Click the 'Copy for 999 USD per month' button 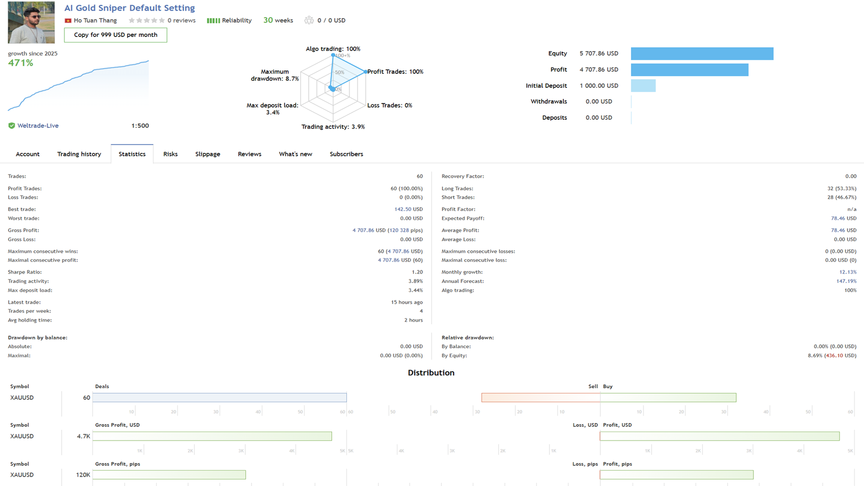(116, 35)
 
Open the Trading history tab (79, 154)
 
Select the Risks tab (171, 154)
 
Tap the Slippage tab (207, 154)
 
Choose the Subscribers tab (346, 154)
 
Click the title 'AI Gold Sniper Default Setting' (130, 8)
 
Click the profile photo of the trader (31, 22)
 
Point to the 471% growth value (21, 63)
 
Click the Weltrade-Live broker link (38, 126)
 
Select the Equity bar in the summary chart (702, 54)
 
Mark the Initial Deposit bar (643, 85)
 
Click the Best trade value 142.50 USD (408, 209)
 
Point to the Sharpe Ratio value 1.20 (417, 272)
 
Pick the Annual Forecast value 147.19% (846, 281)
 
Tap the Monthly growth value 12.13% (847, 272)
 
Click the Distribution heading (431, 373)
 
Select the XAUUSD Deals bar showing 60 (220, 397)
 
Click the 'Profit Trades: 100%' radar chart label (395, 72)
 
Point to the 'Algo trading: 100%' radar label (333, 49)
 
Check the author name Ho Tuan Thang (95, 20)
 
